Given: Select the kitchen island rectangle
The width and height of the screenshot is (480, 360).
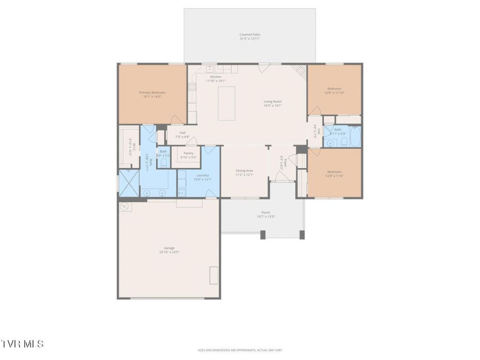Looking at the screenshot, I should pos(225,103).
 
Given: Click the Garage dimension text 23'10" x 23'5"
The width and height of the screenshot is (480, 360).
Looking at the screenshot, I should pos(169,252).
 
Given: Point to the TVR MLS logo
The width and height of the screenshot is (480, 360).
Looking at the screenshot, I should pos(22,344).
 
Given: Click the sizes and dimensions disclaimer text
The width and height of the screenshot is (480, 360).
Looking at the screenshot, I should pos(239,350).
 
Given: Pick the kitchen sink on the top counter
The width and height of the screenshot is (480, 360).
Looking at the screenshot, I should pos(210,69).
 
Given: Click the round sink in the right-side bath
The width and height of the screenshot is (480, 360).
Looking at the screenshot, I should pos(330,143).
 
